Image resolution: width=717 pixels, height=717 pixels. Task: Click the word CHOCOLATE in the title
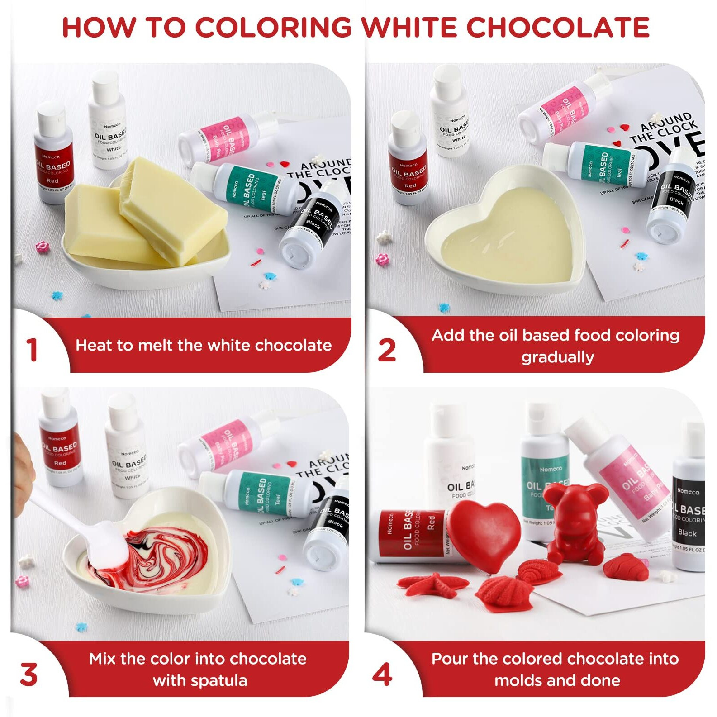(x=557, y=27)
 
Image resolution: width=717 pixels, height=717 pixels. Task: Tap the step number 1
(x=31, y=350)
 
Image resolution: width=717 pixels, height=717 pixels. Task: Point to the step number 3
(x=29, y=674)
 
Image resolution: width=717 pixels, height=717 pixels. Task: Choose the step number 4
(x=382, y=674)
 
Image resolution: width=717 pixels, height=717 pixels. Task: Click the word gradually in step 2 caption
(x=557, y=357)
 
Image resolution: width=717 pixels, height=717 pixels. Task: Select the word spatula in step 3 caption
(x=224, y=680)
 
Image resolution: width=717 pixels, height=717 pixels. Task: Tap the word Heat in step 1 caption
(x=93, y=346)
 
